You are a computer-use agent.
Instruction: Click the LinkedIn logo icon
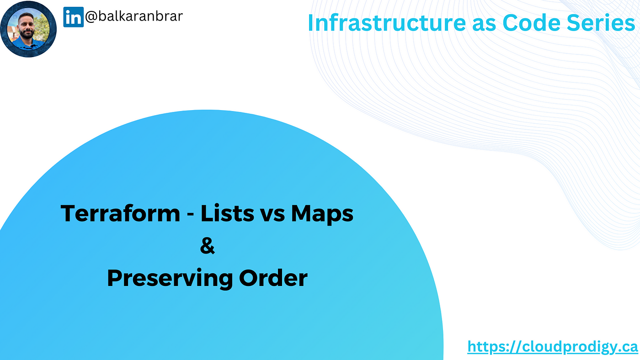(74, 17)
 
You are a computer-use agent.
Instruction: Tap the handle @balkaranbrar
(133, 16)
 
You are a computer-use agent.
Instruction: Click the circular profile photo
(28, 29)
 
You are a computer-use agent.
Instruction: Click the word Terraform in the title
(120, 213)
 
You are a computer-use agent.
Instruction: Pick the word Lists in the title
(228, 213)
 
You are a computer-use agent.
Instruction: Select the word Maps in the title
(322, 214)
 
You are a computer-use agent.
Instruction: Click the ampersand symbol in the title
(207, 246)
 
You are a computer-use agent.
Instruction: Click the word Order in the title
(273, 278)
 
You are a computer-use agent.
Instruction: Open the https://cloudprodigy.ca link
(553, 347)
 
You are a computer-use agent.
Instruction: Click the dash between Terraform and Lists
(190, 215)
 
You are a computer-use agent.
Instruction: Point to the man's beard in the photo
(27, 33)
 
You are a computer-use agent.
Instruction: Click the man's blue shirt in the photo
(28, 44)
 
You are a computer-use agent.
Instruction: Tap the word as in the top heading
(484, 25)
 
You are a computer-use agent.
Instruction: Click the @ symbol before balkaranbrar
(91, 16)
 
